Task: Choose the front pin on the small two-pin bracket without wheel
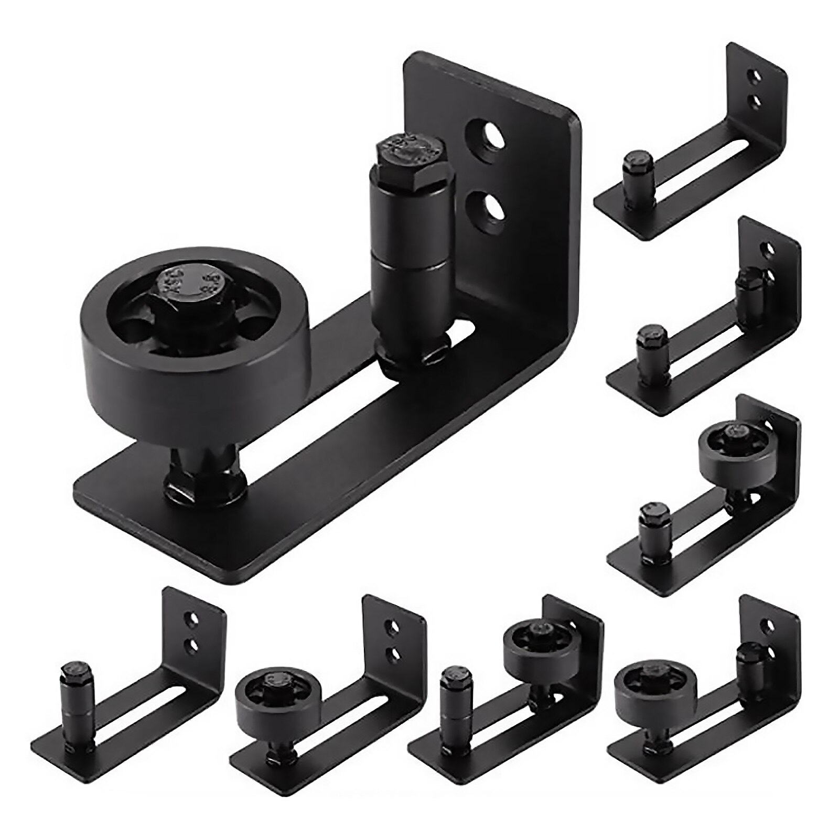click(x=651, y=349)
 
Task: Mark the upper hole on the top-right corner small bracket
click(x=755, y=78)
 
